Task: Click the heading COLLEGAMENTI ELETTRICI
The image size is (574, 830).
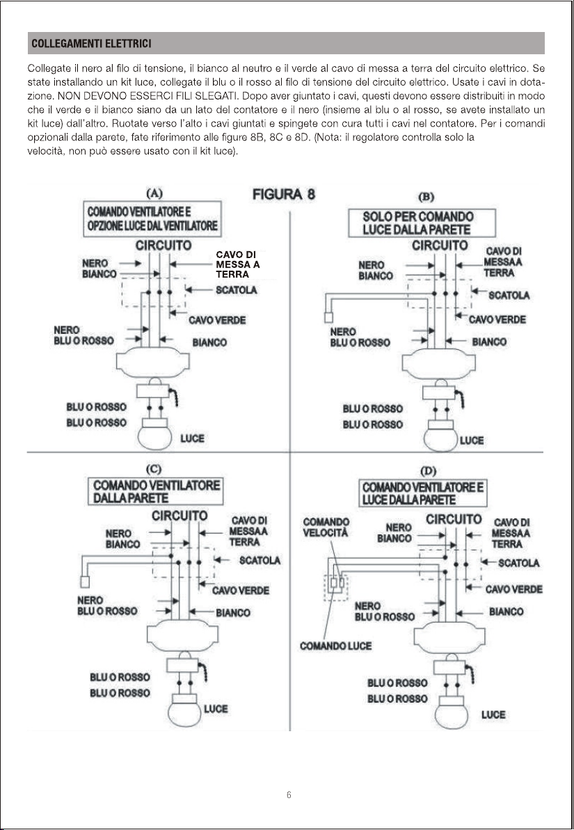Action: click(x=92, y=44)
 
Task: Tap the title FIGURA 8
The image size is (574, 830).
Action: click(x=283, y=193)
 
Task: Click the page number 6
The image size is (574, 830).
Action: click(x=289, y=795)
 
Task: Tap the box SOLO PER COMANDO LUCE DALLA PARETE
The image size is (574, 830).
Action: click(x=422, y=223)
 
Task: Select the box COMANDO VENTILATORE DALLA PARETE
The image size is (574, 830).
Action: click(x=157, y=491)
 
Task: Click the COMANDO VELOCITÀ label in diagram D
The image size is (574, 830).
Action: click(x=326, y=527)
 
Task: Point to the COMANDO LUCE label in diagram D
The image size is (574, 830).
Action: click(x=335, y=646)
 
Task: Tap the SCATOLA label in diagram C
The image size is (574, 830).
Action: click(x=260, y=560)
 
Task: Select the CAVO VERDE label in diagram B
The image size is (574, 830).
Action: click(x=497, y=319)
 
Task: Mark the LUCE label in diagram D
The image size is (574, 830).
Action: click(x=493, y=715)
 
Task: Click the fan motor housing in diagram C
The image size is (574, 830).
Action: click(x=183, y=635)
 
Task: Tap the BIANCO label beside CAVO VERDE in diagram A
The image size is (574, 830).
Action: click(x=209, y=342)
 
